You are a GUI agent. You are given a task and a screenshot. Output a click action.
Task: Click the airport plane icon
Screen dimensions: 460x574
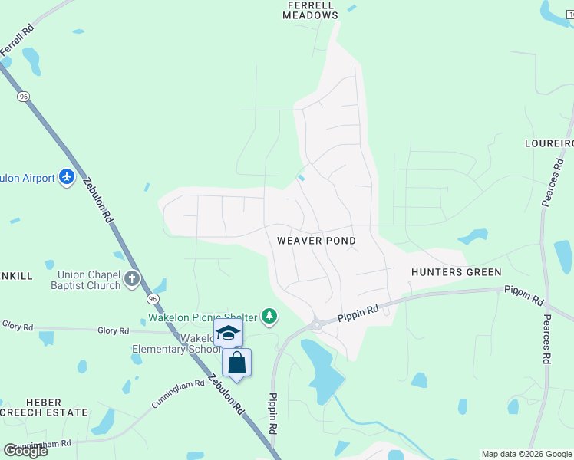(x=67, y=177)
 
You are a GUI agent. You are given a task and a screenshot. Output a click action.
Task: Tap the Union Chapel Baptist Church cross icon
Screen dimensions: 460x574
(x=133, y=278)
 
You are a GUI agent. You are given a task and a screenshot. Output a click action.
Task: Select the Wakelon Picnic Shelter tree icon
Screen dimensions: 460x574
(x=269, y=315)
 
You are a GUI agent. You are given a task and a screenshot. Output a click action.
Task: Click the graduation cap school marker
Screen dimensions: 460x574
(x=228, y=333)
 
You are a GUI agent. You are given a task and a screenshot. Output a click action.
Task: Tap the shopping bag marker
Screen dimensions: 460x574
(x=236, y=362)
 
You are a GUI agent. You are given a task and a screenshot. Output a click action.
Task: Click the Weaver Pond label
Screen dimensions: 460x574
(x=316, y=241)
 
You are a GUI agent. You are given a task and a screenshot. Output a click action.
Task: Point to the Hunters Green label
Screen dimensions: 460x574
(x=456, y=272)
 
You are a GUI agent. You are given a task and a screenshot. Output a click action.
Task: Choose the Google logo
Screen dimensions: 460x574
(x=26, y=450)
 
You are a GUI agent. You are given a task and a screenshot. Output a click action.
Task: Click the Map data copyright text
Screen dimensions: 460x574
(x=526, y=454)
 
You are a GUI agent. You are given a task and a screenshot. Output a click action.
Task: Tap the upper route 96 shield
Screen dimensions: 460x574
(x=24, y=96)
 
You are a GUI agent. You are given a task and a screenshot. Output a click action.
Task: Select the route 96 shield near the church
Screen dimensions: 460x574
(x=153, y=298)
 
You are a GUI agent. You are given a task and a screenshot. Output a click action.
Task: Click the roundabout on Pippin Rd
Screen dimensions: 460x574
(x=317, y=325)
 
